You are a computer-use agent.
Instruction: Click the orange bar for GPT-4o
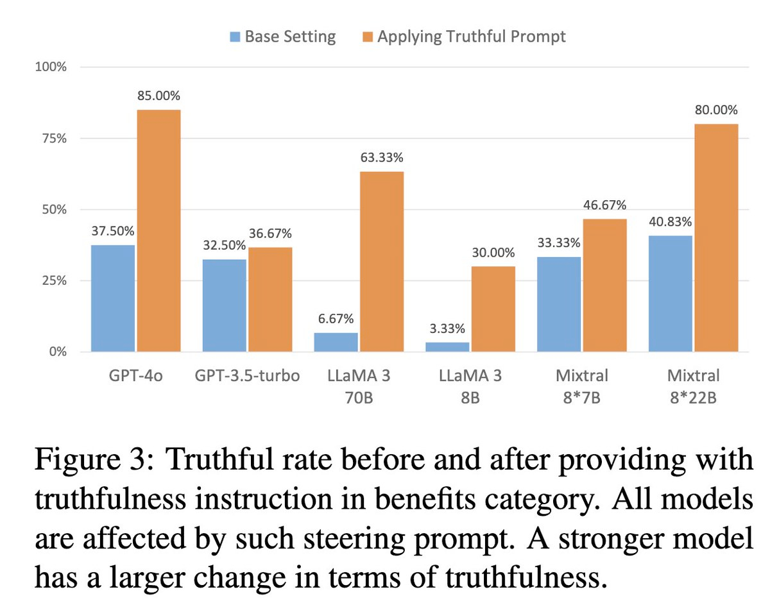158,231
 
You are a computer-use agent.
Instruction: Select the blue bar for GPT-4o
113,298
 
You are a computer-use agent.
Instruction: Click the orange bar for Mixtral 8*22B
716,237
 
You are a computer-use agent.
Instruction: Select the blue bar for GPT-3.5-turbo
224,305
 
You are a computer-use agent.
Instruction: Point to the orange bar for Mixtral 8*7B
604,285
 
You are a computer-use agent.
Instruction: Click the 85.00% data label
158,96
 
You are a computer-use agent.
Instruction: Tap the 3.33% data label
447,328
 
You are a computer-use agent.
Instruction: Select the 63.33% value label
382,158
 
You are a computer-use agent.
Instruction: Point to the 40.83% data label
670,222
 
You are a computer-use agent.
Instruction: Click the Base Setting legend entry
282,37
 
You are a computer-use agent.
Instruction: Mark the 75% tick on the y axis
52,139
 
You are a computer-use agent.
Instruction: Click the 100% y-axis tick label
49,67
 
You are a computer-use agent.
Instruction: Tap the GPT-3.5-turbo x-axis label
247,375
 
